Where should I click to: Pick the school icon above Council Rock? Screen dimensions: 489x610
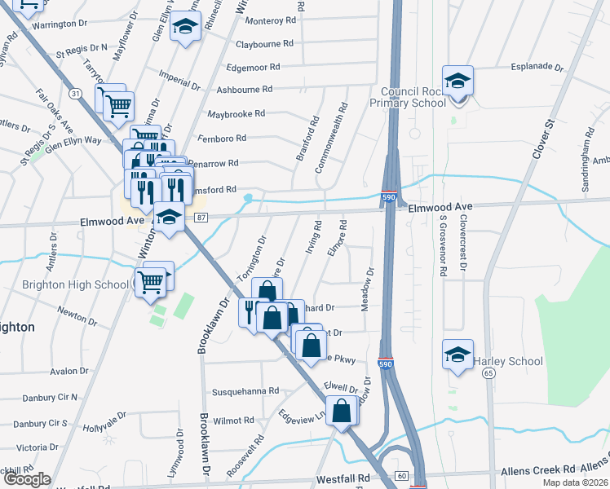pyautogui.click(x=458, y=81)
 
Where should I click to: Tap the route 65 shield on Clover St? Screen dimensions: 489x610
pyautogui.click(x=488, y=372)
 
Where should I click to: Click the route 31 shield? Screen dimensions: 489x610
pyautogui.click(x=75, y=94)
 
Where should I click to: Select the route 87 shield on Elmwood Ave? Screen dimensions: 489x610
pyautogui.click(x=201, y=216)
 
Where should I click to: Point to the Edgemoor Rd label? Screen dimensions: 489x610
pyautogui.click(x=254, y=67)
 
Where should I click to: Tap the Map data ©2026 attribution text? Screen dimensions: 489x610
pyautogui.click(x=576, y=482)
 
